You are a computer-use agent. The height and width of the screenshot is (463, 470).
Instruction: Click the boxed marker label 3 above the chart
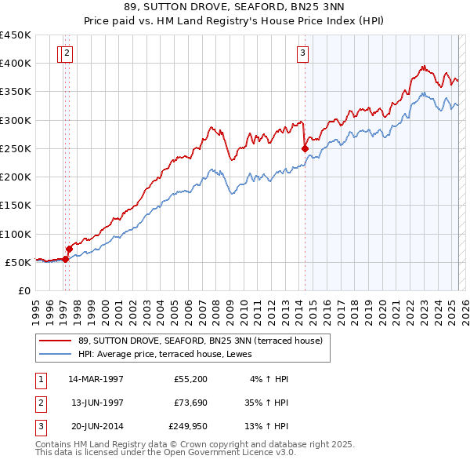point(302,53)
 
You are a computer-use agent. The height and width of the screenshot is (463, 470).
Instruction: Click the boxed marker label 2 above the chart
point(67,53)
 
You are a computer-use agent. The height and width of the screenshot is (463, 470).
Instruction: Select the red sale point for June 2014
point(305,148)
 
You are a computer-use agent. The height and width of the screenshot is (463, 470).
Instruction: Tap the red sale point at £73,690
point(69,249)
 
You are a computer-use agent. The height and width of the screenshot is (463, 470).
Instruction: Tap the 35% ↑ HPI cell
point(266,403)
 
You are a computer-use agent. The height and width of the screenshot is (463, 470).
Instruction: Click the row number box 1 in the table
point(40,379)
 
